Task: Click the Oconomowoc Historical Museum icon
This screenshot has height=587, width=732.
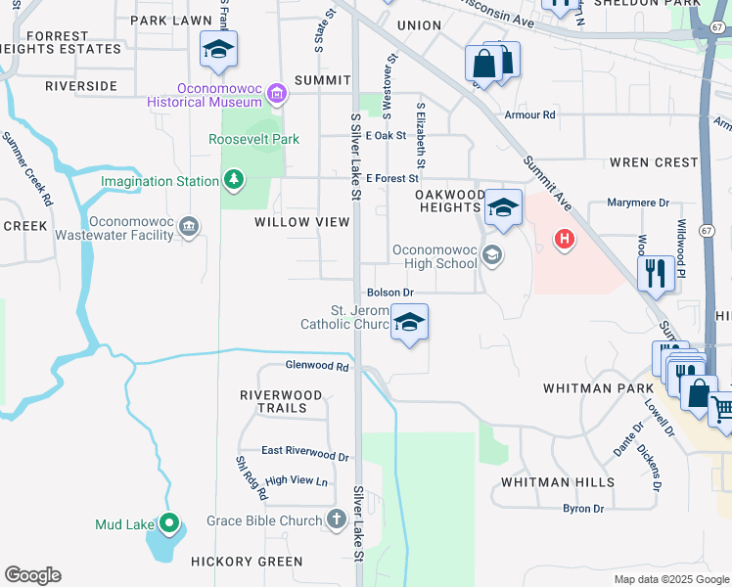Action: click(x=277, y=94)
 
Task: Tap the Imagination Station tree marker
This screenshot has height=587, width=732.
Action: click(x=233, y=180)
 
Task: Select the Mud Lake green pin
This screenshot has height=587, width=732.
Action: click(x=169, y=524)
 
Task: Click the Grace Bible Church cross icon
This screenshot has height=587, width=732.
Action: click(x=337, y=519)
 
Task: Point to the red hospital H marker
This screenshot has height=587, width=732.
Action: click(x=564, y=238)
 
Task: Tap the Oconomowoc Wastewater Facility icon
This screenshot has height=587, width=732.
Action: click(x=189, y=227)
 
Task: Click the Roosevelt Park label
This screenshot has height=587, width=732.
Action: click(x=253, y=139)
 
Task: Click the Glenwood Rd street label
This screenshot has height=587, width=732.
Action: click(x=317, y=366)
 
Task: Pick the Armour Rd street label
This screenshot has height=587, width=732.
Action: click(x=529, y=115)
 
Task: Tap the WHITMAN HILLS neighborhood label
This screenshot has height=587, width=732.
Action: click(x=558, y=482)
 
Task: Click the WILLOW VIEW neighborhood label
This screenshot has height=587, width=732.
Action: click(x=301, y=222)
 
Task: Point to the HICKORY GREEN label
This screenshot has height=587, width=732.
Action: click(x=248, y=562)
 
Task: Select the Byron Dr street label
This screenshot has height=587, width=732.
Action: click(x=583, y=508)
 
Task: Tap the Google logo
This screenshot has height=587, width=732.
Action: click(x=32, y=575)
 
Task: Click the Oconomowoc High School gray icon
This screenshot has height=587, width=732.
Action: click(x=492, y=255)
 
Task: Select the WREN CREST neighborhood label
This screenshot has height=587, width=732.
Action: click(x=654, y=162)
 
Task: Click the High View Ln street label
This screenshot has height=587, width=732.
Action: click(x=296, y=480)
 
